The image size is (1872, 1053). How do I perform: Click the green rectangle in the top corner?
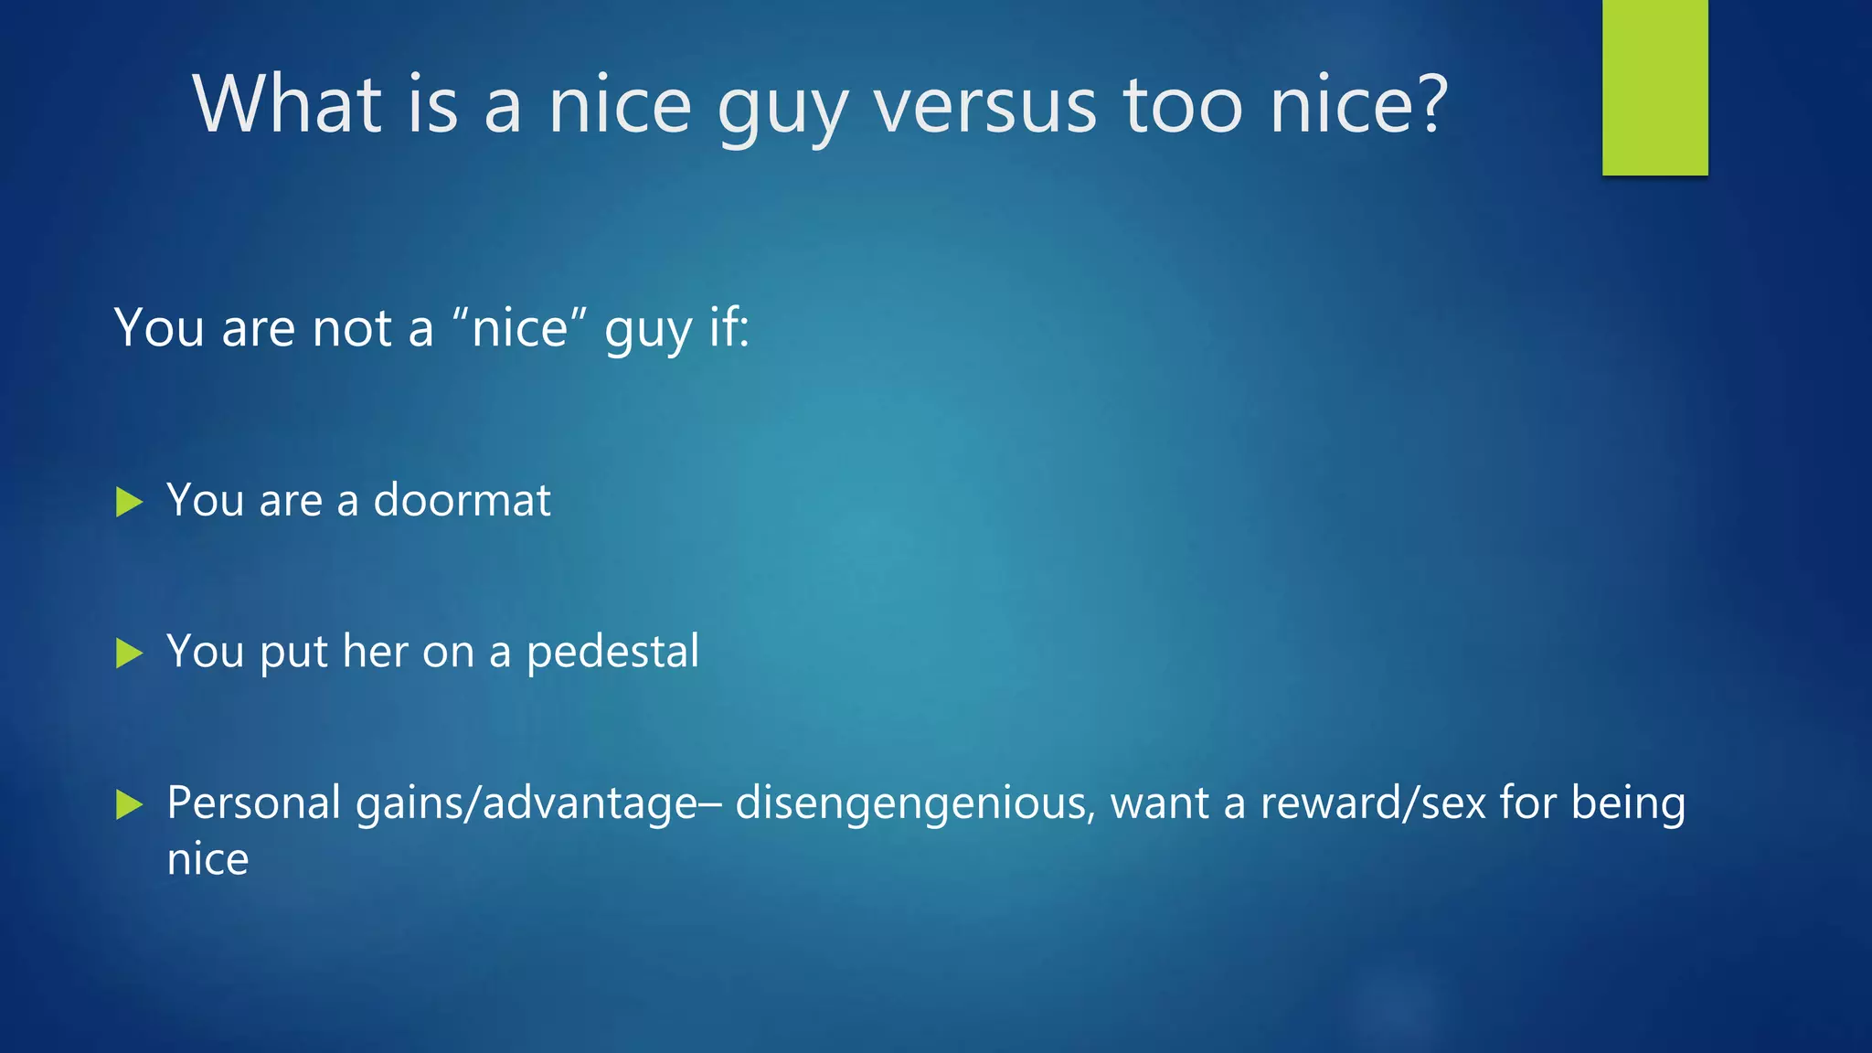point(1654,88)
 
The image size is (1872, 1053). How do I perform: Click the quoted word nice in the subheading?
point(519,328)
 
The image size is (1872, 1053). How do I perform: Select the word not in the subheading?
point(352,328)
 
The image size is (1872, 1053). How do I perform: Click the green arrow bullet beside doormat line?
point(130,502)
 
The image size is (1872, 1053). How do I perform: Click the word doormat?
point(462,500)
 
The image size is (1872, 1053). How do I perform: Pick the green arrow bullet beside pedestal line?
point(130,654)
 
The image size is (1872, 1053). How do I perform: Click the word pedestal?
point(612,652)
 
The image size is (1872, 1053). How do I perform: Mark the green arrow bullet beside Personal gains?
point(130,805)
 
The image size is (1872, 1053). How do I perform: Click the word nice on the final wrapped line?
point(207,860)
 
